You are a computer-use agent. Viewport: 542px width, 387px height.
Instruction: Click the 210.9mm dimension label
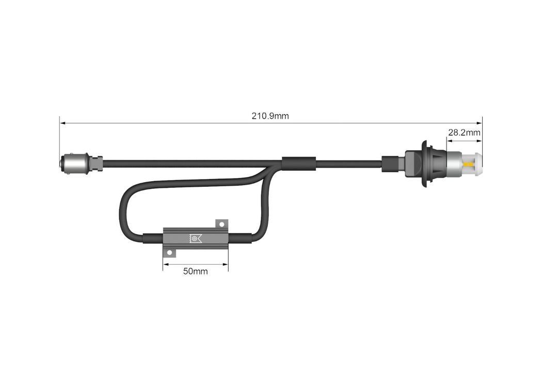[270, 116]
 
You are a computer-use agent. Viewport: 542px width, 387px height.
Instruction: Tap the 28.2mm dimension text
[464, 132]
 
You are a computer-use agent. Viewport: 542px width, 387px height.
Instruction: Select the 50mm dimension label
[195, 271]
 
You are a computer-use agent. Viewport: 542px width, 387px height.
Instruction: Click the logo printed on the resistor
[195, 238]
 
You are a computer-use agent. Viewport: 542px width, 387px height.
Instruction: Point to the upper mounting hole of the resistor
[222, 225]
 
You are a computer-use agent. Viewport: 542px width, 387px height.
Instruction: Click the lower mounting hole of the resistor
[169, 253]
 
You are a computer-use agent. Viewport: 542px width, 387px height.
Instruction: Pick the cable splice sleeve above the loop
[299, 164]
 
